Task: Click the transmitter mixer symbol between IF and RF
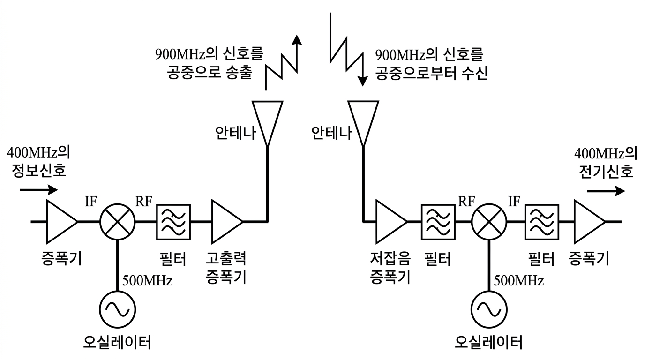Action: (x=117, y=221)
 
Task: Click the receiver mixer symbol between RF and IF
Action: (x=489, y=221)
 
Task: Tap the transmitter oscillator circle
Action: (x=117, y=309)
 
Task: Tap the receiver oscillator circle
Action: (x=489, y=309)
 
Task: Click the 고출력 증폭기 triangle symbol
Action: (x=225, y=221)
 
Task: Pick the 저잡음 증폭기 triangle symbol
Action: (x=390, y=221)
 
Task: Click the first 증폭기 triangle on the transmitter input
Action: (x=60, y=221)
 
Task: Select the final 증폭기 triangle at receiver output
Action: (x=588, y=221)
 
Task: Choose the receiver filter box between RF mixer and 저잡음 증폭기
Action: (x=438, y=221)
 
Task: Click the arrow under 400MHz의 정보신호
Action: (x=39, y=190)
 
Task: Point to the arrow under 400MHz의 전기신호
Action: (x=606, y=191)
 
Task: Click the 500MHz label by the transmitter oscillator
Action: (x=147, y=281)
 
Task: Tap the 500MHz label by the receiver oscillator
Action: (x=518, y=281)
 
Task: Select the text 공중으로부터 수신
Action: (x=432, y=74)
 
